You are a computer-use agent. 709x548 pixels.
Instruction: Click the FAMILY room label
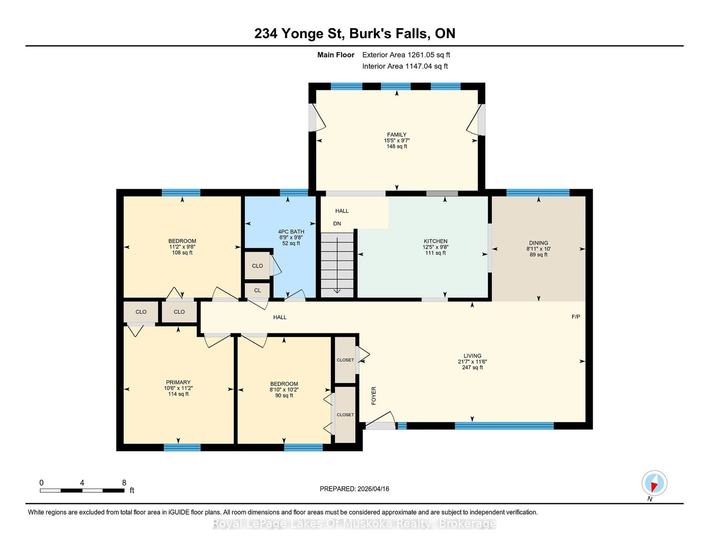396,134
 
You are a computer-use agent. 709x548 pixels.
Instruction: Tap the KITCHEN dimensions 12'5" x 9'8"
435,247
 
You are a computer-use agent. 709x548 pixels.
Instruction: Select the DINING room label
538,243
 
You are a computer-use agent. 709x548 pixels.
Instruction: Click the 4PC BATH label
291,232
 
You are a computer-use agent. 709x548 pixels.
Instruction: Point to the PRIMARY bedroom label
178,382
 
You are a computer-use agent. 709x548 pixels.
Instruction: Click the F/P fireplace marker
576,316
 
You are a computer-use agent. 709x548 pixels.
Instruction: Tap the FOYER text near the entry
374,395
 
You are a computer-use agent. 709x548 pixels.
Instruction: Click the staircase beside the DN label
337,265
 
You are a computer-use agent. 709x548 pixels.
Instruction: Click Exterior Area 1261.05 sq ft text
406,55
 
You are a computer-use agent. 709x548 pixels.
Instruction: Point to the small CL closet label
257,290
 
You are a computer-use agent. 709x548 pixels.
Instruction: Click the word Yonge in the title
302,33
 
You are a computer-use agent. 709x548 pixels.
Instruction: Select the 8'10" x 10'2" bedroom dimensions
284,390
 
